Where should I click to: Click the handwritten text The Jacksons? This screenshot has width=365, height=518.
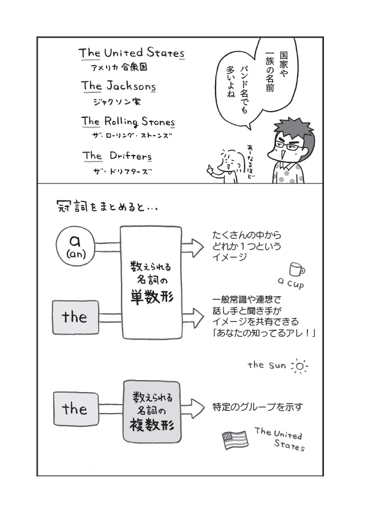tap(118, 87)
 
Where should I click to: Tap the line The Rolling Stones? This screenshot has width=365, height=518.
tap(128, 121)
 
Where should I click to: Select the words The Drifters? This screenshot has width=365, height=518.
tap(117, 156)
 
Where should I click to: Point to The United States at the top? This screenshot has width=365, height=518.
tap(132, 53)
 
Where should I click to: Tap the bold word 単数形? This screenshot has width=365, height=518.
tap(151, 297)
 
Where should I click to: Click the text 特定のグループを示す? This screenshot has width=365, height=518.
tap(257, 407)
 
